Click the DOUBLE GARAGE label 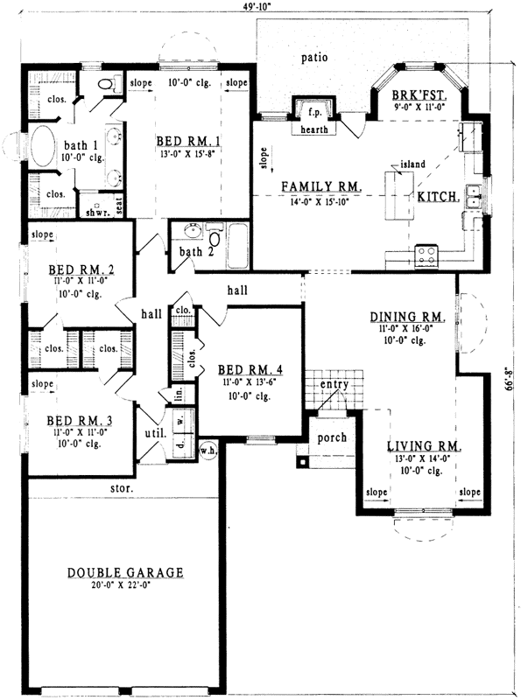126,573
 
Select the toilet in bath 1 107,85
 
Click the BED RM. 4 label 236,370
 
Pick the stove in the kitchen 427,255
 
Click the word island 412,164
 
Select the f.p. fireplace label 313,111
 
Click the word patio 313,59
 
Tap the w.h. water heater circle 208,451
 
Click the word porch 332,437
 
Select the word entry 334,384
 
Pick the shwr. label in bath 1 92,212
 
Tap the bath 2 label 191,253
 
